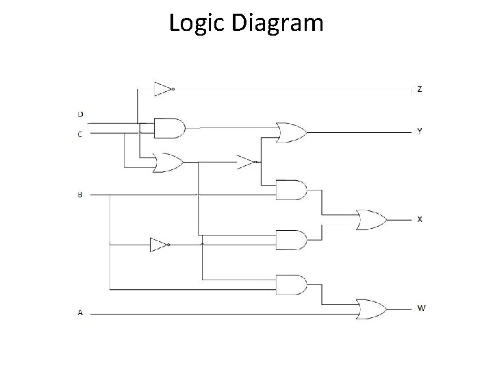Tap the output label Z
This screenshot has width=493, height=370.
tap(420, 90)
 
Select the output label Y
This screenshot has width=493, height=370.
tap(420, 131)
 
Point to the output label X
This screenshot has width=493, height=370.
tap(420, 219)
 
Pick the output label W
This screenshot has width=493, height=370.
tap(420, 308)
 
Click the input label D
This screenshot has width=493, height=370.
tap(80, 114)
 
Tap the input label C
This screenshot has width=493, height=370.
tap(80, 134)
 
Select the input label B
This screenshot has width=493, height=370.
tap(80, 195)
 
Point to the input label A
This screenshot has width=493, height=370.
tap(80, 313)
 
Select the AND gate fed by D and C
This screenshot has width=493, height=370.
tap(169, 127)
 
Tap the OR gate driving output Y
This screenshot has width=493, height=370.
tap(290, 132)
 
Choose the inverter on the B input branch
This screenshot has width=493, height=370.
tap(160, 245)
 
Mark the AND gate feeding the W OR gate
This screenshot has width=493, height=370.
tap(290, 284)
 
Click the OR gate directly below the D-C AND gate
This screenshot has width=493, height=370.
tap(168, 162)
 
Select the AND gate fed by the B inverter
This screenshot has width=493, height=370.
tap(290, 240)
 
